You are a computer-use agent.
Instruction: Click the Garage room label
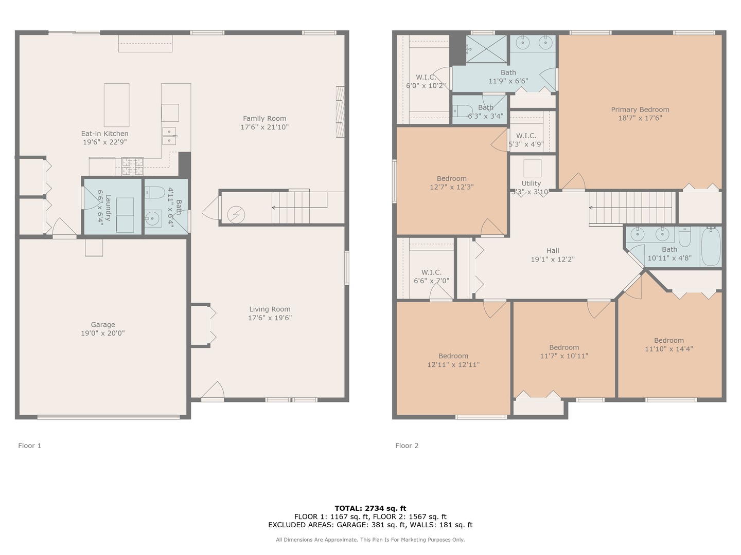click(x=103, y=324)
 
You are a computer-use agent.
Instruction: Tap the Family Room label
click(x=264, y=119)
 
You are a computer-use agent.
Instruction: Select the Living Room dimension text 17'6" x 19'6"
click(x=270, y=318)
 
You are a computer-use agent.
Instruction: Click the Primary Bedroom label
click(x=640, y=109)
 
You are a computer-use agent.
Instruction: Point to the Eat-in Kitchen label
click(x=104, y=134)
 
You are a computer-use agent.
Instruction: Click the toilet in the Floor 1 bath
click(x=155, y=192)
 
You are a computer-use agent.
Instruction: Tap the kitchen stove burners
click(x=133, y=166)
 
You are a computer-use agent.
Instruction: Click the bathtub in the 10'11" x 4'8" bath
click(x=711, y=247)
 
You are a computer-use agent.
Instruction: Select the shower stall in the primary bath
click(x=486, y=49)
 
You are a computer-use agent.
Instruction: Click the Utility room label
click(x=531, y=183)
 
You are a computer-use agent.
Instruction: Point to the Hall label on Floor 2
click(x=553, y=251)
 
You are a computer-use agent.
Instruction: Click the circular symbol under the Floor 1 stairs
click(x=236, y=215)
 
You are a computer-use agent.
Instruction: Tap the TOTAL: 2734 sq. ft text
click(x=370, y=508)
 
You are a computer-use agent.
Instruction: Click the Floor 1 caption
click(x=30, y=446)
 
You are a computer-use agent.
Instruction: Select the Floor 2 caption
click(x=407, y=446)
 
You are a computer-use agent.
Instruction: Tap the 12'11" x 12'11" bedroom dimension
click(x=453, y=365)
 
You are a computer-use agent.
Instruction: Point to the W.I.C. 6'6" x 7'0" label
click(x=431, y=276)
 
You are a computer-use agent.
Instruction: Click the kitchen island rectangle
click(x=116, y=105)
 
